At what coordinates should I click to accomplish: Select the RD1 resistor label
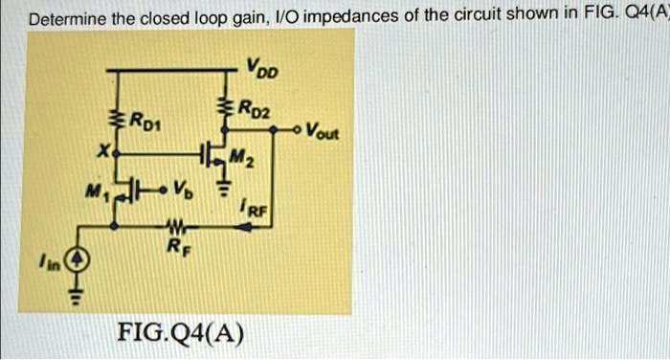pyautogui.click(x=146, y=121)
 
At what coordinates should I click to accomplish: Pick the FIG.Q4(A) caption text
pyautogui.click(x=180, y=334)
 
